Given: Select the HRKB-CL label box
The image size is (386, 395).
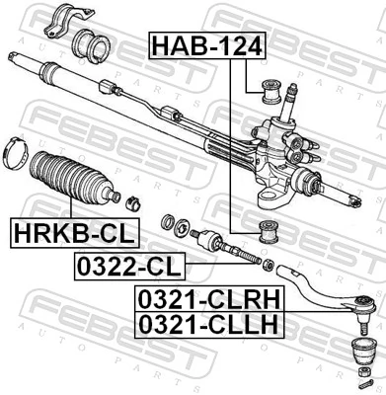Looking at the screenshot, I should point(73,233).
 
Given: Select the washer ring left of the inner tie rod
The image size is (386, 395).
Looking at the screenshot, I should point(169,223).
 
